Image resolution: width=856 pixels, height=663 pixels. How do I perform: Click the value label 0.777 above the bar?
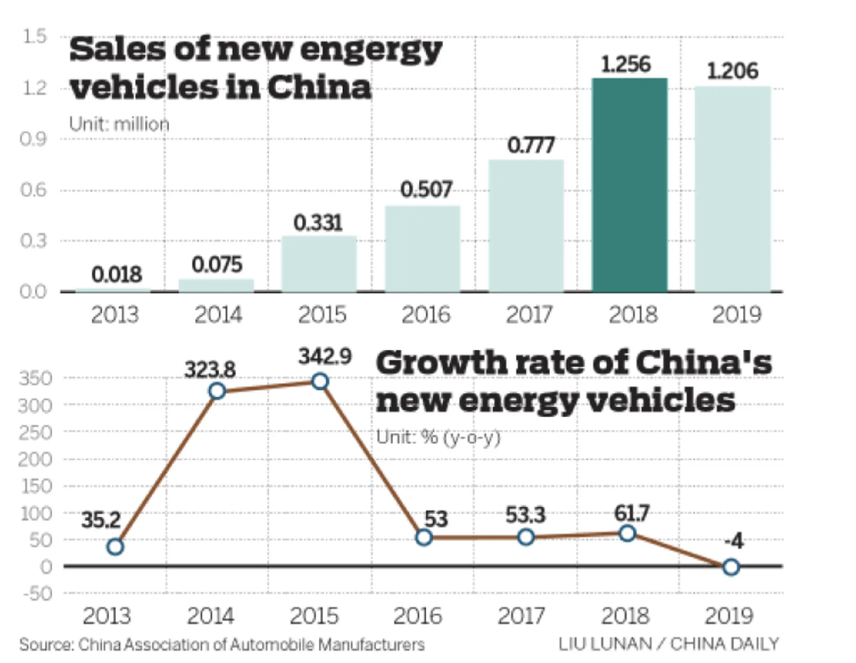[x=531, y=145]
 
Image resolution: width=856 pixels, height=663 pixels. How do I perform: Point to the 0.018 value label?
[x=116, y=274]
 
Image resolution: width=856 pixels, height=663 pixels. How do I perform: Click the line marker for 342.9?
[x=320, y=381]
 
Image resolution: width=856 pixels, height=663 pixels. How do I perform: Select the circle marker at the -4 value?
[x=731, y=567]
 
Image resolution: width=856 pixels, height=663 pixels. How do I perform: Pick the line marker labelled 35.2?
[x=115, y=547]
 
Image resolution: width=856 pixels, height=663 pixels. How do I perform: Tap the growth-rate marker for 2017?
[x=526, y=537]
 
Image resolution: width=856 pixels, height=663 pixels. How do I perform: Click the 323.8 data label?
[x=210, y=369]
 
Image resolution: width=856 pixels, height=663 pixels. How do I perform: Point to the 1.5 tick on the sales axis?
[x=34, y=37]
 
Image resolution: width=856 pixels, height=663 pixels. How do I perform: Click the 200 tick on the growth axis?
[x=35, y=460]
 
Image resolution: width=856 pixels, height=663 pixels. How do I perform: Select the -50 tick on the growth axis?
[x=38, y=594]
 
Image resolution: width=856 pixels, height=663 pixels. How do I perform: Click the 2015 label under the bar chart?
[x=322, y=315]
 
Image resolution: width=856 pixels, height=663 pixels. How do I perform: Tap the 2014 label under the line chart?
[x=210, y=616]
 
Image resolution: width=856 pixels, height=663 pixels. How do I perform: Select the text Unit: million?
[x=119, y=124]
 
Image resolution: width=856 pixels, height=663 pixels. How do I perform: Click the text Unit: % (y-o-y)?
[x=438, y=437]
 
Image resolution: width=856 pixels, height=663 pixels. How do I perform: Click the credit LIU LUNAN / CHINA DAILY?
[x=669, y=644]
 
